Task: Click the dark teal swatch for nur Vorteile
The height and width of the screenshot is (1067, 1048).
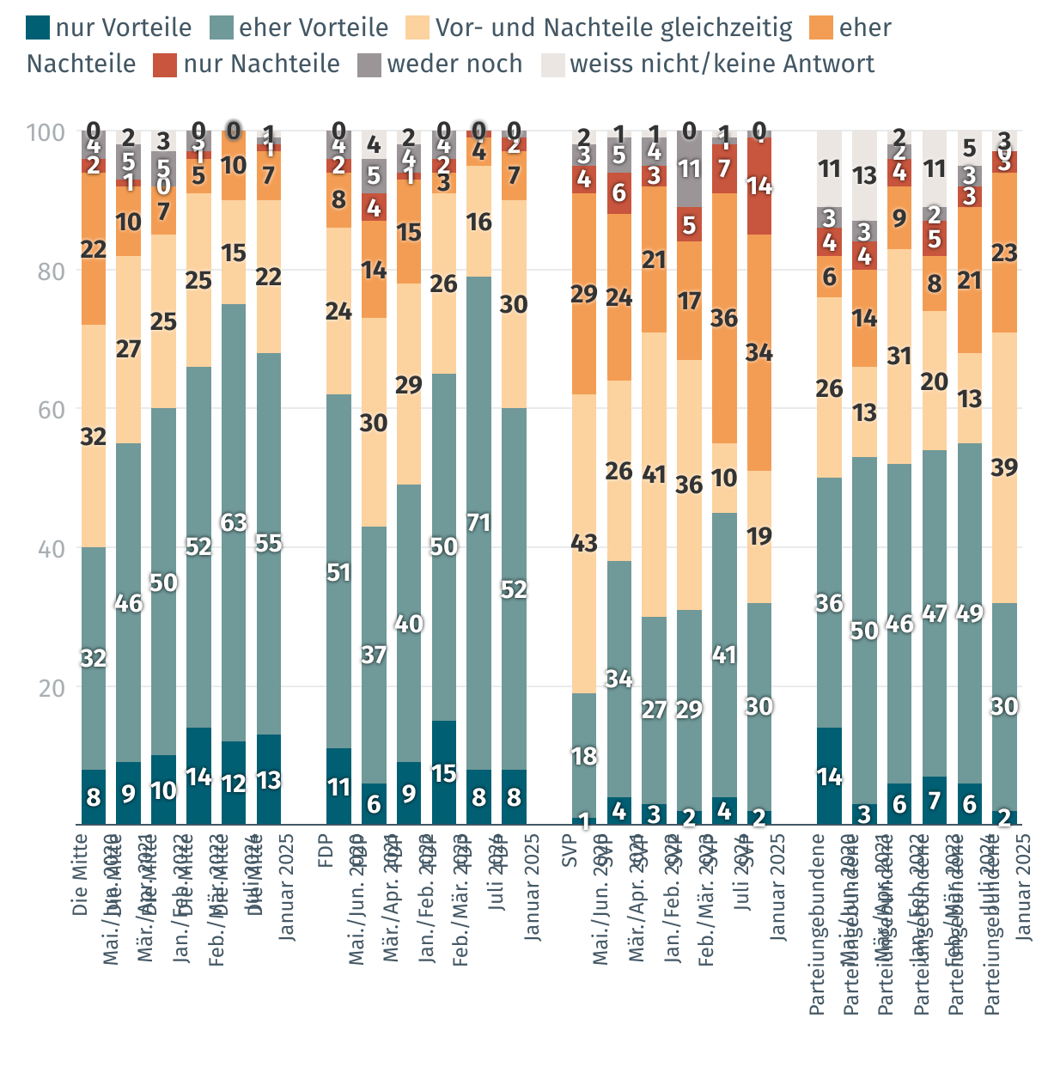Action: tap(38, 28)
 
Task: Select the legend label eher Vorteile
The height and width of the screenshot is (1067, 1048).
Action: tap(314, 28)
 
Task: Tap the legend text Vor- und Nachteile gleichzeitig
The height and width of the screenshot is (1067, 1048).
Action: tap(613, 28)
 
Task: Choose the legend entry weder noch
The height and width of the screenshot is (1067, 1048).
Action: tap(454, 64)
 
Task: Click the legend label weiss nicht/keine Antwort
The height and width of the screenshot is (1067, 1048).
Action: tap(722, 64)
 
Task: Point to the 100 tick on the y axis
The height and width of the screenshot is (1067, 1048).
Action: tap(46, 132)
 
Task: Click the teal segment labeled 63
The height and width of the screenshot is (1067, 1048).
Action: tap(234, 522)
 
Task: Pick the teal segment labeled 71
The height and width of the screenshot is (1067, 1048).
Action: tap(478, 522)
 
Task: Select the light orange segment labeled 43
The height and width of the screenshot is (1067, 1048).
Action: tap(584, 544)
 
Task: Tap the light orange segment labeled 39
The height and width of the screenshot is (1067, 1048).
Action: tap(1004, 467)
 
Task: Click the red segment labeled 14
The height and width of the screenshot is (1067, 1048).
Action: tap(759, 186)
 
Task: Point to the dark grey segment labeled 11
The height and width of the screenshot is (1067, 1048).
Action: tap(689, 169)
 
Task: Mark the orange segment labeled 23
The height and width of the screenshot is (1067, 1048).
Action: tap(1004, 253)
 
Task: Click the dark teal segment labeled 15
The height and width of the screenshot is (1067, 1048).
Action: tap(443, 773)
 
